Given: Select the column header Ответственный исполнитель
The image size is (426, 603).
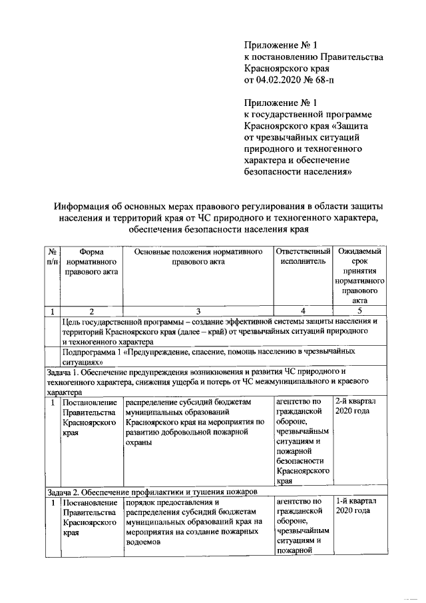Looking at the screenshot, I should point(303,257).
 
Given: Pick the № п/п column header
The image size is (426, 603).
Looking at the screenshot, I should point(51,257).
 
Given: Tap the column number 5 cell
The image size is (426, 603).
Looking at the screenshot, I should point(359,310).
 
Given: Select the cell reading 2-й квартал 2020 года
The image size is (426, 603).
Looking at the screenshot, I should point(357,406).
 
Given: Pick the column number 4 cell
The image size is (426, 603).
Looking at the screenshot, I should point(303,310).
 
